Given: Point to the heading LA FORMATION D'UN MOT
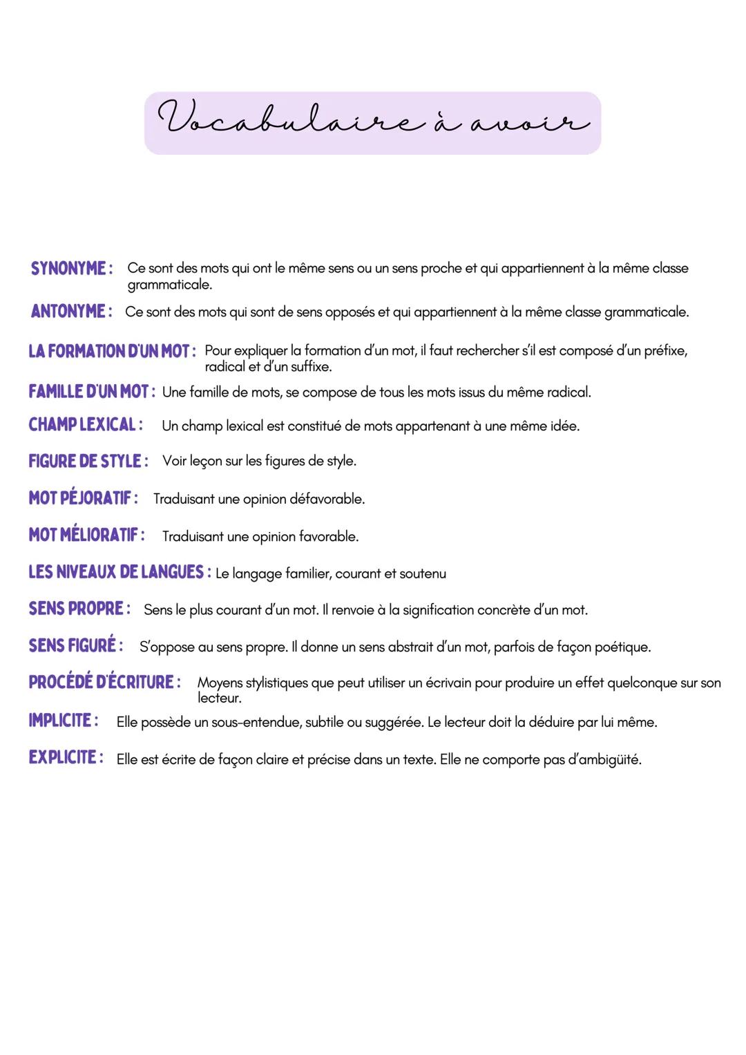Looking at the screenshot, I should tap(108, 351).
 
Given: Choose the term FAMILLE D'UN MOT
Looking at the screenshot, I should tap(88, 392).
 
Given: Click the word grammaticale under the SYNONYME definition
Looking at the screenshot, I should tap(169, 285).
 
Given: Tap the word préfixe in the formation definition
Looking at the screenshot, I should tap(665, 351).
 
